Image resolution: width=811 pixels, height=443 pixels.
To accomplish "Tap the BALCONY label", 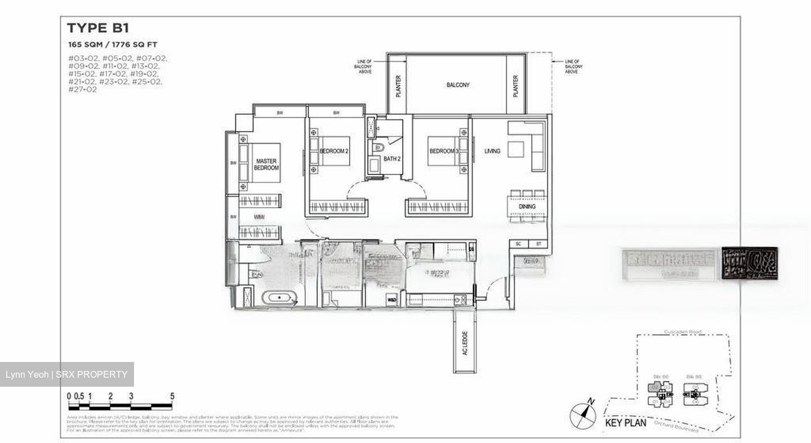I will point(458,85).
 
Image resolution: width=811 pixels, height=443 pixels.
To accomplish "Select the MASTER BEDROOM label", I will point(266,165).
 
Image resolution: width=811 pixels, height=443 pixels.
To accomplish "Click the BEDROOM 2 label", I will point(334,151).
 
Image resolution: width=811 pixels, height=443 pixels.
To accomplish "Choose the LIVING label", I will point(492,151).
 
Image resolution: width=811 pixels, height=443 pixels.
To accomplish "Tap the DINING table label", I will point(527,207).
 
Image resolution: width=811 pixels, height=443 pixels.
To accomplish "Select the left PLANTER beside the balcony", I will point(398,86).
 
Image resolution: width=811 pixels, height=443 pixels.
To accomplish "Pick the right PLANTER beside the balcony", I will point(515,86).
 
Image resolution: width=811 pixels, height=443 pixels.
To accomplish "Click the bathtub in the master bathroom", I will point(279,297).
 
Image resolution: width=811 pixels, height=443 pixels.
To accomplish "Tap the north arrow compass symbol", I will point(582,416).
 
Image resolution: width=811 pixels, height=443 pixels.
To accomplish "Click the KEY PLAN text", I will point(625,423).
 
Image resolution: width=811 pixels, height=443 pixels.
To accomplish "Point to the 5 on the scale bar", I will point(172,396).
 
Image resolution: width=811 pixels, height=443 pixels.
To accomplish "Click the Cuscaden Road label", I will point(683,332).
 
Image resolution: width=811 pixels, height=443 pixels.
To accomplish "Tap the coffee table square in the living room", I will point(516,149).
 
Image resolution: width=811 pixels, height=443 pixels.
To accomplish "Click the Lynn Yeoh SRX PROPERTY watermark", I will point(66,374).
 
